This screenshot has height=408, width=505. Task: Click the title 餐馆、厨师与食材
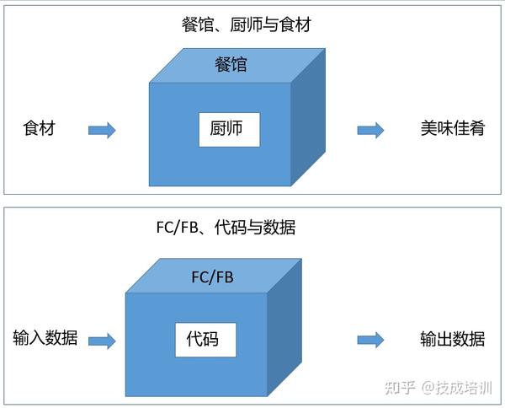pyautogui.click(x=246, y=24)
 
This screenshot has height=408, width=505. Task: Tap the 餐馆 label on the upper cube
pyautogui.click(x=231, y=63)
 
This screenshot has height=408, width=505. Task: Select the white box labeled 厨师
pyautogui.click(x=229, y=130)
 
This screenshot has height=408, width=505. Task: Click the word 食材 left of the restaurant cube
pyautogui.click(x=39, y=130)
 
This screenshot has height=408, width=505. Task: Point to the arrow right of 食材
pyautogui.click(x=102, y=130)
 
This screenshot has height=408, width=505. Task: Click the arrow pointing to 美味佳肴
pyautogui.click(x=370, y=130)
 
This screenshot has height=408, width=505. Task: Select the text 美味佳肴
pyautogui.click(x=452, y=130)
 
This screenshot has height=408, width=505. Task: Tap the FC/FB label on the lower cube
pyautogui.click(x=213, y=276)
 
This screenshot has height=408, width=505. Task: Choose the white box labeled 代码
pyautogui.click(x=205, y=339)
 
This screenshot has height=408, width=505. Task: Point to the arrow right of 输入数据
pyautogui.click(x=102, y=340)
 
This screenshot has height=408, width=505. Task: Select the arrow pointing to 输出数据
pyautogui.click(x=370, y=340)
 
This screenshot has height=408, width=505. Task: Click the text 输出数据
pyautogui.click(x=452, y=340)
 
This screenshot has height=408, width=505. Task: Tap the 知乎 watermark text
pyautogui.click(x=399, y=387)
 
